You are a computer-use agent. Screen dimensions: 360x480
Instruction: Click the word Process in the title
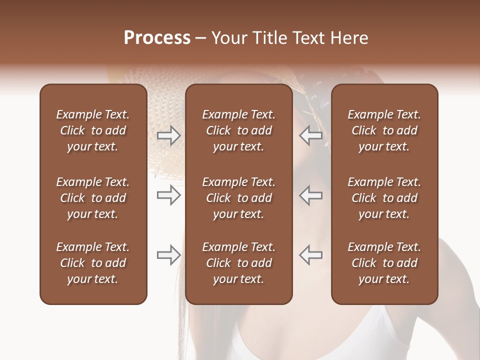157,38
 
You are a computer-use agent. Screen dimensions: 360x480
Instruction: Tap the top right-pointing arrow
168,135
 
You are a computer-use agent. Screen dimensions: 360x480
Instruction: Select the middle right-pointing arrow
168,195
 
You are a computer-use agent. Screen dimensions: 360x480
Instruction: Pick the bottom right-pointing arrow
168,255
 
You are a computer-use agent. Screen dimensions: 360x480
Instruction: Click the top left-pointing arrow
310,135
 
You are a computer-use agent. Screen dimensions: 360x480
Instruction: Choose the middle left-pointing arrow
310,195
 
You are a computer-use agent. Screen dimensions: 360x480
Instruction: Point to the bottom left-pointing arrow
310,255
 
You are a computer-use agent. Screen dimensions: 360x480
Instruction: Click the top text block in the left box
93,130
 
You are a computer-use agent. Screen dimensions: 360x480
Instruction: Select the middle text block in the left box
93,198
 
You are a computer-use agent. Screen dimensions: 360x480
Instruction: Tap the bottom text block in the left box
93,263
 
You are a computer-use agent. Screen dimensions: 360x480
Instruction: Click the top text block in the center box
238,130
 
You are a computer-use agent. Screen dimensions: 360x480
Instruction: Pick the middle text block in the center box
238,198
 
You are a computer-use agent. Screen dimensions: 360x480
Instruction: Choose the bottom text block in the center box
238,263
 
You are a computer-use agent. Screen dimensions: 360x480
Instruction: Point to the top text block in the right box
384,130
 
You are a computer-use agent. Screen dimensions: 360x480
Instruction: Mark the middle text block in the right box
384,198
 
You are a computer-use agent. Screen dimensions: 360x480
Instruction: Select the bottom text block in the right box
384,263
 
